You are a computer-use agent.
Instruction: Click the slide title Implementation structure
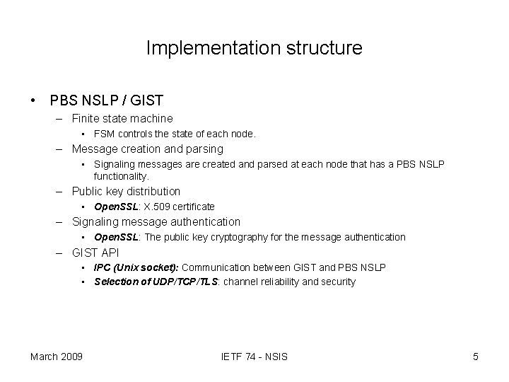click(254, 47)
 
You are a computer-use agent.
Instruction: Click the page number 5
click(476, 356)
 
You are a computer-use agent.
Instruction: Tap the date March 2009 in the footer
click(56, 356)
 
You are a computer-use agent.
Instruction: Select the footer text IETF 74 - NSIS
click(254, 356)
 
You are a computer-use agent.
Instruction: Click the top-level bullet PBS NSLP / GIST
click(106, 100)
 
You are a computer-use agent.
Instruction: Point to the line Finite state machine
click(122, 118)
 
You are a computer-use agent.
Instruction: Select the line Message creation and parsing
click(147, 149)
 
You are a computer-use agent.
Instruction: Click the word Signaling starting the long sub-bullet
click(115, 164)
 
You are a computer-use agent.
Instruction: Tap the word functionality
click(121, 175)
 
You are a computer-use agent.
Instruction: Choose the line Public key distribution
click(126, 191)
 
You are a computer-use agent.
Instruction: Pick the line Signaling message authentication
click(156, 221)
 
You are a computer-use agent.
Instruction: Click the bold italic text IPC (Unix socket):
click(137, 267)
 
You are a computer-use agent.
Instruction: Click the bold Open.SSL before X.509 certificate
click(115, 207)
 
